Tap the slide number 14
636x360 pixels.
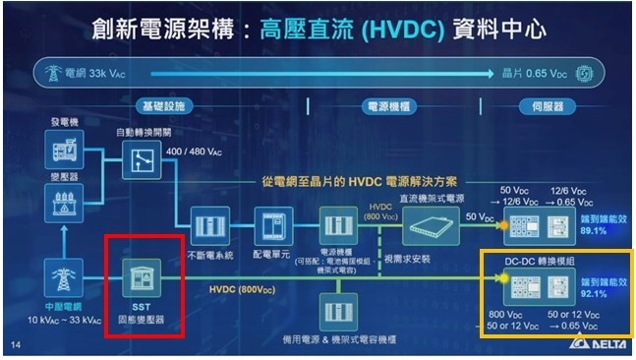(x=15, y=344)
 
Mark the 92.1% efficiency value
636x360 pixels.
(x=593, y=292)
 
